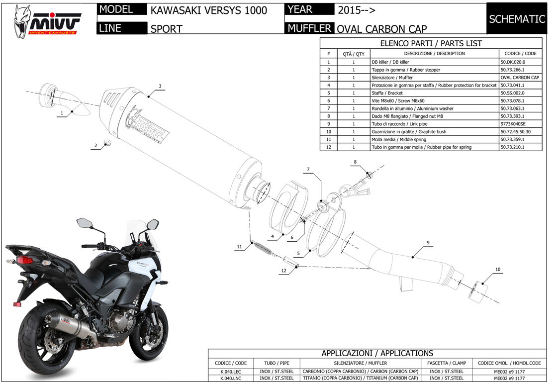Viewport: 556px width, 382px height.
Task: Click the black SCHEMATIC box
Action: click(x=517, y=19)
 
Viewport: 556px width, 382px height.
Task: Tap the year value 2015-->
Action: click(x=357, y=10)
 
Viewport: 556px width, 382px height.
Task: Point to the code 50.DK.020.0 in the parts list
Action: click(x=513, y=62)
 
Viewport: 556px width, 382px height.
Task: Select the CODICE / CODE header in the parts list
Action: click(x=520, y=53)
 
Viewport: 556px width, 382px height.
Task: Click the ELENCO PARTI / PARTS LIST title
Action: click(x=431, y=43)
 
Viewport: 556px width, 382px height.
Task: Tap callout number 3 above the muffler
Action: click(x=160, y=86)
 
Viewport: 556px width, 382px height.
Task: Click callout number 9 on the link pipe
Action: click(x=427, y=243)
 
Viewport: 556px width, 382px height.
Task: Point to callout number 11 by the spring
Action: click(x=239, y=247)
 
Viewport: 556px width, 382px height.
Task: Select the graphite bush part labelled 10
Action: click(x=478, y=289)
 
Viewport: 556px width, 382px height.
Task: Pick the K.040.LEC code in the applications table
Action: click(x=230, y=371)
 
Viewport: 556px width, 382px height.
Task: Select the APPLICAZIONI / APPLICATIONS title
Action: click(x=377, y=353)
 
